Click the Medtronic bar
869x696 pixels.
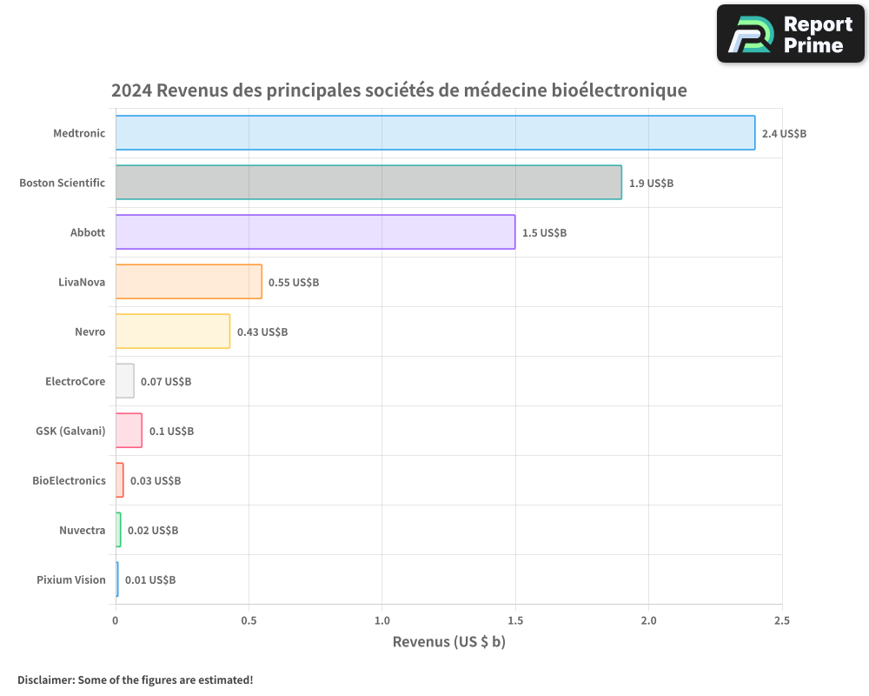click(434, 133)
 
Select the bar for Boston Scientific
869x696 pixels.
click(368, 183)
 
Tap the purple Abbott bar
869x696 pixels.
click(315, 232)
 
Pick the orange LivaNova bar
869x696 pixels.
click(189, 282)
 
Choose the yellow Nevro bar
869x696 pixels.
click(173, 331)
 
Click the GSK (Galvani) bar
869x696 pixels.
click(129, 431)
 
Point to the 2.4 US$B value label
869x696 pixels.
click(784, 134)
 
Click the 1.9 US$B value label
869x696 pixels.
click(651, 184)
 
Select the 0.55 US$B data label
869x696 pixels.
click(294, 283)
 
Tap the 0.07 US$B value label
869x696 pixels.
click(166, 382)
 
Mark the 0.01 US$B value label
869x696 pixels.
click(150, 580)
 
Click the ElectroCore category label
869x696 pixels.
click(75, 381)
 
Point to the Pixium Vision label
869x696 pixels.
click(70, 579)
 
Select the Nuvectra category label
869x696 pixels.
click(83, 530)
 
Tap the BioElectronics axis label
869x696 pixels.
click(69, 480)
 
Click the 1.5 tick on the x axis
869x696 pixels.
click(515, 620)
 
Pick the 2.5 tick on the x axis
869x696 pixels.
click(781, 620)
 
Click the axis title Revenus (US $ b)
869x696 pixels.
click(448, 642)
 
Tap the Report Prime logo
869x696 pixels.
click(790, 34)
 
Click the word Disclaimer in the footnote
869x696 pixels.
click(45, 679)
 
